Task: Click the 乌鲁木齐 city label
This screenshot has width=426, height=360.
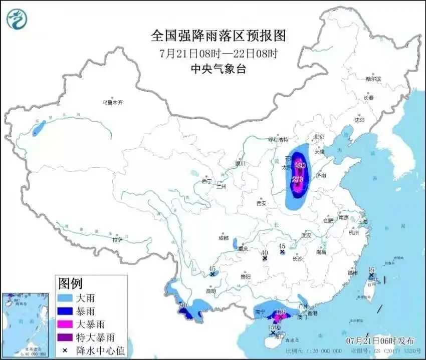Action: point(112,102)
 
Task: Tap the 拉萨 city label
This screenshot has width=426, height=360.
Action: point(117,240)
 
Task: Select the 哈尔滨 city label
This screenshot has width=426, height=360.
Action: point(373,79)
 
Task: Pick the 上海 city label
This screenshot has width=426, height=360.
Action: point(362,221)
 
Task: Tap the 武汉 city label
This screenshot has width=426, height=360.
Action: point(306,235)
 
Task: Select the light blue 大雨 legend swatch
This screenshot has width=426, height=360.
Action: point(67,298)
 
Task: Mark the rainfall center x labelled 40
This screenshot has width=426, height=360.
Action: point(265,258)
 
